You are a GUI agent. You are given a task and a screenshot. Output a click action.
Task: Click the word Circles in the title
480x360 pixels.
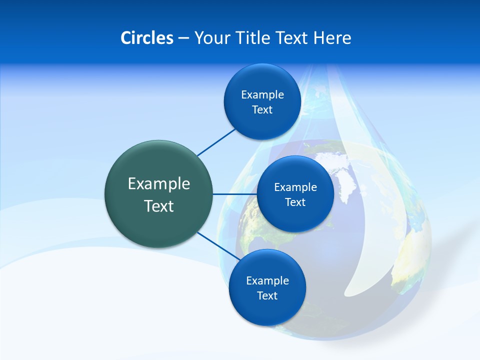tap(147, 38)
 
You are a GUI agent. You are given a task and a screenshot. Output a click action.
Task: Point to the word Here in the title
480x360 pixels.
tap(332, 38)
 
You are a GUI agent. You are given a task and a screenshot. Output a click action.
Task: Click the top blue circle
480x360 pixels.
tap(262, 122)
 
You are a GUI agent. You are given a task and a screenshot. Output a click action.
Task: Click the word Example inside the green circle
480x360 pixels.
tap(159, 184)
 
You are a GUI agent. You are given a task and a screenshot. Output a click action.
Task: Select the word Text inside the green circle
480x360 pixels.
tap(159, 206)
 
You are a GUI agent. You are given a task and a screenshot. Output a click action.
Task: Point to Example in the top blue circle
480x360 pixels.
tap(262, 95)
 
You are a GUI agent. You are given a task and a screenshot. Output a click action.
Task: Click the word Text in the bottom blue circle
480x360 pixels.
tap(267, 296)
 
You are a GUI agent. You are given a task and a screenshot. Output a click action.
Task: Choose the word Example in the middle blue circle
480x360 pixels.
tap(295, 187)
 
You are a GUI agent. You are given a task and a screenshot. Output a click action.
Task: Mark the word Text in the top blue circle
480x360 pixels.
tap(262, 110)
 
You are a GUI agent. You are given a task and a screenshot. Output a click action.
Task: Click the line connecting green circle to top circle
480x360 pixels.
tap(216, 142)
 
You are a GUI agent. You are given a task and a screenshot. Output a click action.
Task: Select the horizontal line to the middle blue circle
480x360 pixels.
tap(235, 194)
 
